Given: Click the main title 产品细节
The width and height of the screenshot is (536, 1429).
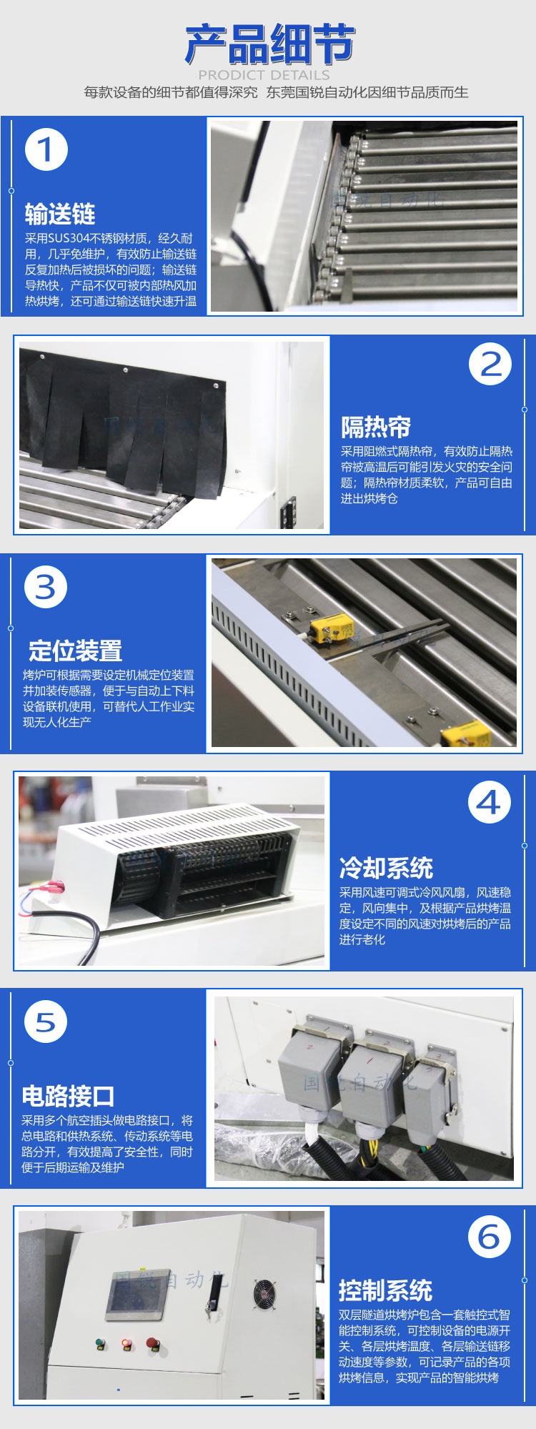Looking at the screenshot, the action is click(x=269, y=44).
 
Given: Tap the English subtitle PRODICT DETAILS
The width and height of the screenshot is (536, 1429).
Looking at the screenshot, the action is click(x=264, y=74).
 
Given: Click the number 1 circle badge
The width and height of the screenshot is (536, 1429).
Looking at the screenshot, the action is click(x=46, y=150).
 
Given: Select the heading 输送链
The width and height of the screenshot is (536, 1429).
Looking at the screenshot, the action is click(x=60, y=214).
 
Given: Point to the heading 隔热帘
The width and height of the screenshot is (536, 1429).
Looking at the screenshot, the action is click(x=376, y=427).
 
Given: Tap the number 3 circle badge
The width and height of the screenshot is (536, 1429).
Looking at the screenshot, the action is click(x=46, y=587).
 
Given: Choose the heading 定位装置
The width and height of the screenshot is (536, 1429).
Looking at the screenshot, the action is click(x=75, y=651).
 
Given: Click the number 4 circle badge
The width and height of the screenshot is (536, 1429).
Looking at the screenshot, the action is click(x=490, y=802).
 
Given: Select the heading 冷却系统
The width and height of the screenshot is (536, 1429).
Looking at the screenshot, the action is click(x=386, y=868).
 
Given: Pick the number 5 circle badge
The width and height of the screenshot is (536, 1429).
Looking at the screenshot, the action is click(x=46, y=1022).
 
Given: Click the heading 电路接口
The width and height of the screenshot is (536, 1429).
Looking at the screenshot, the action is click(x=68, y=1096).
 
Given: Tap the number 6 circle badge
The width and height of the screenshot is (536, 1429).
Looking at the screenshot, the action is click(x=490, y=1237).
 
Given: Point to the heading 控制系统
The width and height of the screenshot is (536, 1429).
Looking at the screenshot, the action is click(x=385, y=1290).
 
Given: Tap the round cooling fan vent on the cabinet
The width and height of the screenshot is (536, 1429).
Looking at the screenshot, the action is click(x=264, y=1293).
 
